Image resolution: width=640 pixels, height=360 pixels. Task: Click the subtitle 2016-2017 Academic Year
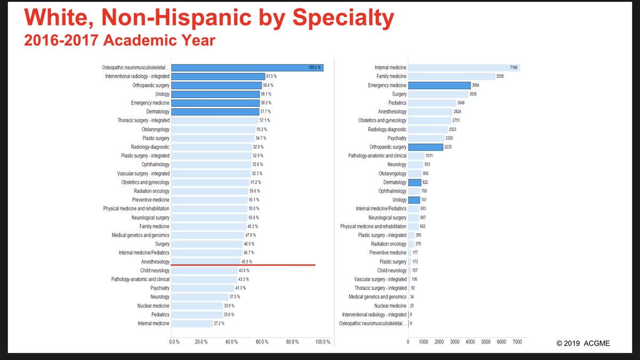(119, 41)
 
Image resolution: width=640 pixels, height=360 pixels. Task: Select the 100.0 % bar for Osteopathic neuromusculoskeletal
(247, 68)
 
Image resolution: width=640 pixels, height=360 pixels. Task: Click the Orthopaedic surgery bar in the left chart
(216, 85)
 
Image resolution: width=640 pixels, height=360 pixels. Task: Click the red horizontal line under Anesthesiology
(243, 265)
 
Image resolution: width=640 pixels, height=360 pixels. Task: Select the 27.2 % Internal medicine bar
(192, 323)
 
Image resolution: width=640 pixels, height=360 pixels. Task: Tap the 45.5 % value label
(247, 261)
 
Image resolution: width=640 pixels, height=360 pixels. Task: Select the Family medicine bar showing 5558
(451, 77)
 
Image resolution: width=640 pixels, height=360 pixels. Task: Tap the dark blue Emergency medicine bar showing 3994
(439, 85)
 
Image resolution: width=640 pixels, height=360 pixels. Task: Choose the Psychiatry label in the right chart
(394, 138)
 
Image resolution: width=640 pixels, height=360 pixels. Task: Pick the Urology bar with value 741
(414, 200)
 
